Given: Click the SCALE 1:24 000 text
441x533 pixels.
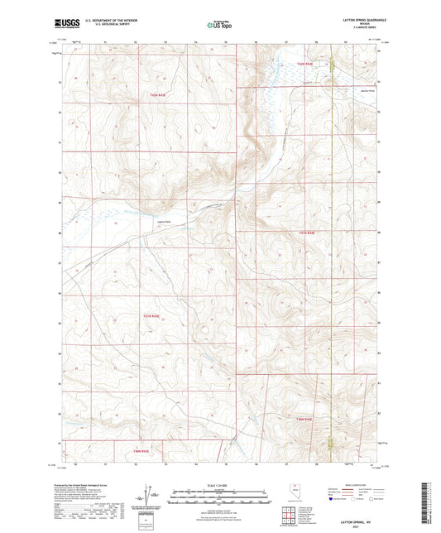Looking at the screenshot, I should coord(220,483).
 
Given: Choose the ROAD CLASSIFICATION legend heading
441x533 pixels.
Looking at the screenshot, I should coord(358,483).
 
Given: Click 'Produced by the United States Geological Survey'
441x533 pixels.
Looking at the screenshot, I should coord(84,487).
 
